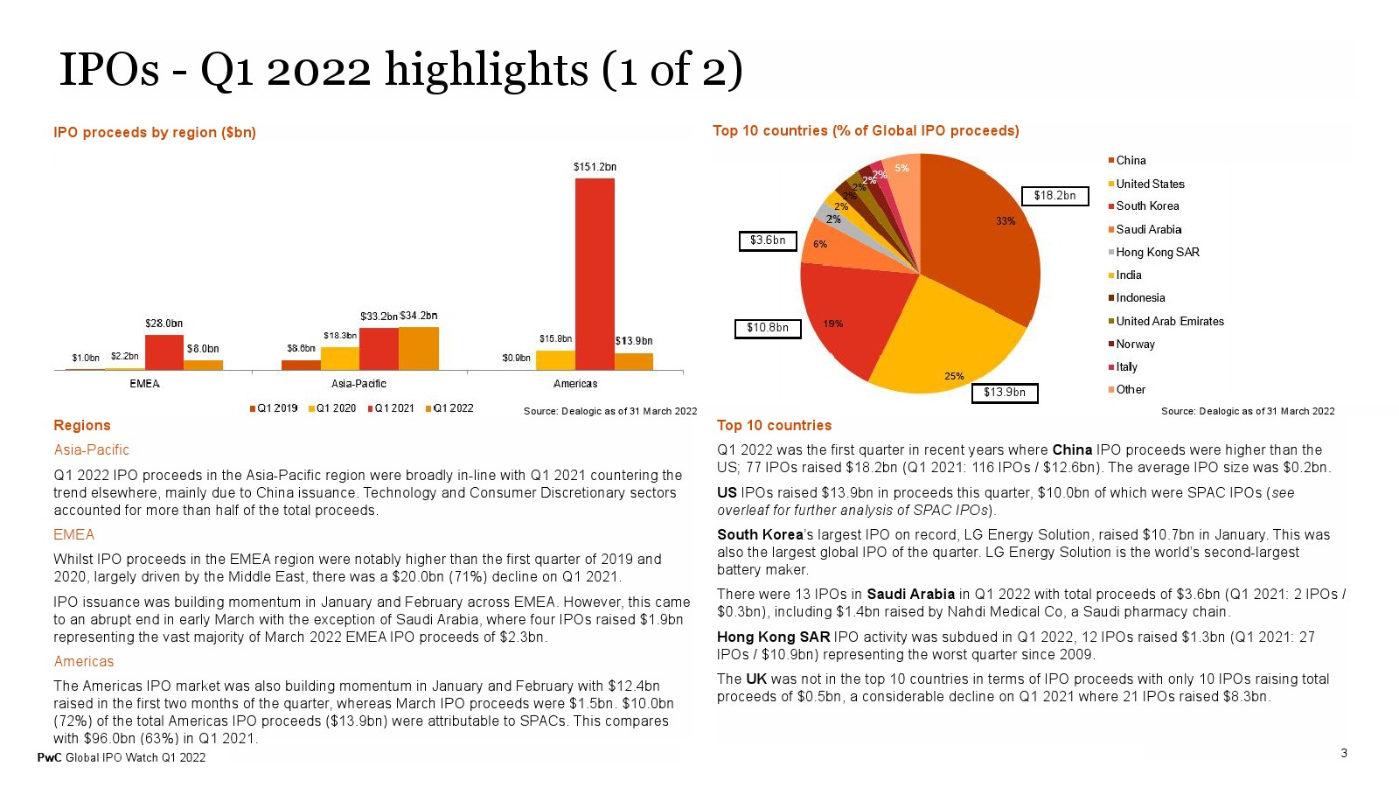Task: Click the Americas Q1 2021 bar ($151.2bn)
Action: coord(595,275)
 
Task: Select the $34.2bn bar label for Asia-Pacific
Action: coord(419,316)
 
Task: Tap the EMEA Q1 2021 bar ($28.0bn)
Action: coord(164,352)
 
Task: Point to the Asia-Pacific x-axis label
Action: coord(358,384)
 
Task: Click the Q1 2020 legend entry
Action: coord(332,408)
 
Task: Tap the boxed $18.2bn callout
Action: coord(1054,196)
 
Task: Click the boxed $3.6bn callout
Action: coord(768,240)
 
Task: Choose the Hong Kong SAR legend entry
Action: coord(1154,253)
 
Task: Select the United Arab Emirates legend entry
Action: coord(1166,321)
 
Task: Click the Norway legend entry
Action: coord(1131,345)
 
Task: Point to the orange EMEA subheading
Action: coord(73,534)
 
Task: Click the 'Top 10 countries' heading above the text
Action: coord(774,425)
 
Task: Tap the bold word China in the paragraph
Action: coord(1072,449)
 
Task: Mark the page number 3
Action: coord(1344,753)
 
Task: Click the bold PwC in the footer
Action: coord(49,757)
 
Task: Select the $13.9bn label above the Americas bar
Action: coord(633,341)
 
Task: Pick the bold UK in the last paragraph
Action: coord(755,679)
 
